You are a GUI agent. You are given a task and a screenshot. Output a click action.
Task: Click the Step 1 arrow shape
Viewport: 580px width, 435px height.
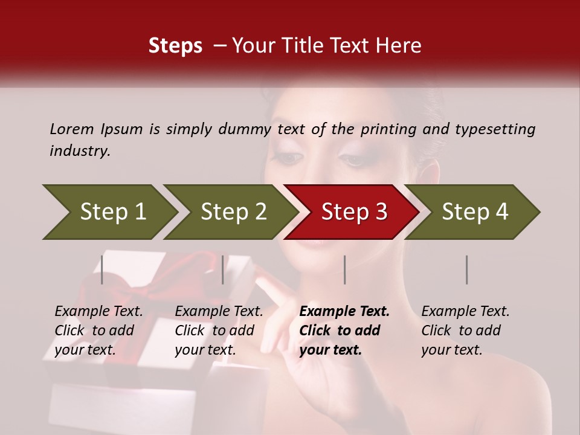(112, 212)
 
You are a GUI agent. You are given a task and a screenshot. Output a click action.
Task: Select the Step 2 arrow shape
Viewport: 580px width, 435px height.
(233, 212)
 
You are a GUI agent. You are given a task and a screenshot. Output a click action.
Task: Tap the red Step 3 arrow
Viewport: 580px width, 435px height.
(353, 212)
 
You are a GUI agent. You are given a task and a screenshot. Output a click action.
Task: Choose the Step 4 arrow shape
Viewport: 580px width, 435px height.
(474, 212)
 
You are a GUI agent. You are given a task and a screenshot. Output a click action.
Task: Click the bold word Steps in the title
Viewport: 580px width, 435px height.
(175, 46)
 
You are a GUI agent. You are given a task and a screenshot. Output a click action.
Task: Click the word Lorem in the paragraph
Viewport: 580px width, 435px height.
(72, 129)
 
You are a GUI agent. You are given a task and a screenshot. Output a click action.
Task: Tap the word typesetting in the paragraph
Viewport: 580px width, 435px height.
(495, 129)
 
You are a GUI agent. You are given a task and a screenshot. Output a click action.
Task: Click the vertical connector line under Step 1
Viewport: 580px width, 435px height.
(102, 269)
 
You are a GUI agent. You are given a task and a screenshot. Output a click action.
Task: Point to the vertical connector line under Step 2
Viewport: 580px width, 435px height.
(223, 269)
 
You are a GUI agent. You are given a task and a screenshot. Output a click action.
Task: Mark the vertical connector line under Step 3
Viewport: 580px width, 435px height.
(344, 269)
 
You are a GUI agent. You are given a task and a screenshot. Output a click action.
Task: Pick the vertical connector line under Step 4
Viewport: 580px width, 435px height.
(466, 269)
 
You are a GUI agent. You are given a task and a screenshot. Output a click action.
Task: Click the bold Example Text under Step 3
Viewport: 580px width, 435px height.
(344, 312)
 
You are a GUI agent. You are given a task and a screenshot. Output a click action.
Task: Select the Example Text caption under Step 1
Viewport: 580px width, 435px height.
(98, 312)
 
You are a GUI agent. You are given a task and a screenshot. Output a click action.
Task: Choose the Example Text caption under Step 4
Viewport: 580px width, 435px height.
(465, 312)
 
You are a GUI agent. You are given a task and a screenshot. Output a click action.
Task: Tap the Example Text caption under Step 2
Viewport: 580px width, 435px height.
(219, 312)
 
